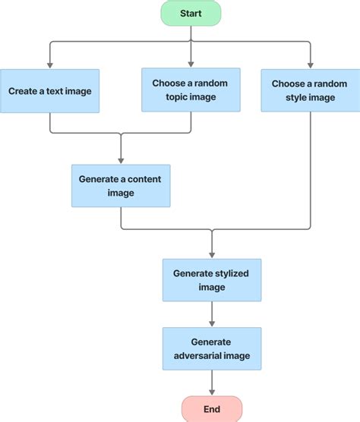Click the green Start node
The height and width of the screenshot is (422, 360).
point(190,14)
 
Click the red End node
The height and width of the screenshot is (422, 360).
point(211,409)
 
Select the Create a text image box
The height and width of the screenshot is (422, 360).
point(50,91)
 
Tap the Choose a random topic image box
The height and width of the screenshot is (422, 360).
point(190,90)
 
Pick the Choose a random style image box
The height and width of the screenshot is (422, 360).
point(310,90)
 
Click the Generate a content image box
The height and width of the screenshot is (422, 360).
point(121,186)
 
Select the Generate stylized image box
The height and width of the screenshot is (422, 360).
point(212,280)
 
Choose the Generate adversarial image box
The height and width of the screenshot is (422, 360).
point(212,349)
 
